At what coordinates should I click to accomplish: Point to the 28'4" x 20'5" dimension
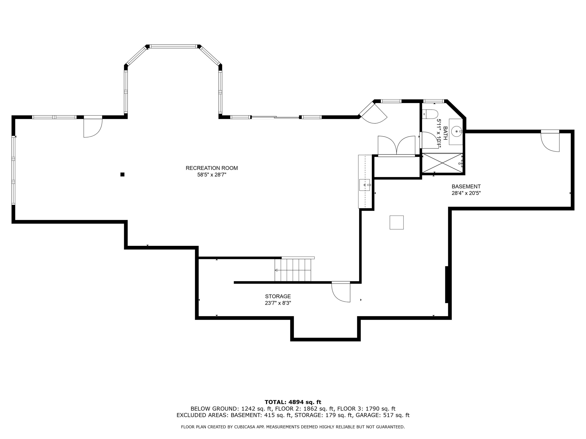pos(466,193)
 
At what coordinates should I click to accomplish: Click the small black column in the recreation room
pos(122,174)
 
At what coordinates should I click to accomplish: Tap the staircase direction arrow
pos(276,270)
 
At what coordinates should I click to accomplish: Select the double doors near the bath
pos(396,146)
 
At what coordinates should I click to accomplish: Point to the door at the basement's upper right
pos(550,142)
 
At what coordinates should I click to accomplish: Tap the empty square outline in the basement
pos(396,222)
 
